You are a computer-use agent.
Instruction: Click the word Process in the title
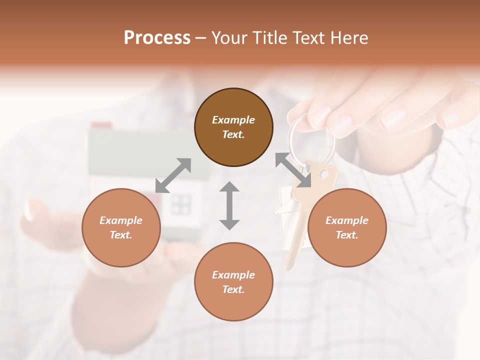pyautogui.click(x=157, y=38)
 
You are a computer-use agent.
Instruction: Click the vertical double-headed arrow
pyautogui.click(x=229, y=205)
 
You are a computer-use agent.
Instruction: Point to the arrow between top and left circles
pyautogui.click(x=173, y=175)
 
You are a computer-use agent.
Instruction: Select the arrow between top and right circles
pyautogui.click(x=293, y=170)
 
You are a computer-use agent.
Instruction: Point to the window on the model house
pyautogui.click(x=181, y=202)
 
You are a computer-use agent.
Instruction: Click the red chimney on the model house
pyautogui.click(x=101, y=125)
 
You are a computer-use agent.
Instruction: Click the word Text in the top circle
pyautogui.click(x=233, y=134)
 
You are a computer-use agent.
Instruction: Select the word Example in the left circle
pyautogui.click(x=121, y=220)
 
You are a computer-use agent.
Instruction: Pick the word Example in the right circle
pyautogui.click(x=347, y=220)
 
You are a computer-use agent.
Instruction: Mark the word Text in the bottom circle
pyautogui.click(x=233, y=289)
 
